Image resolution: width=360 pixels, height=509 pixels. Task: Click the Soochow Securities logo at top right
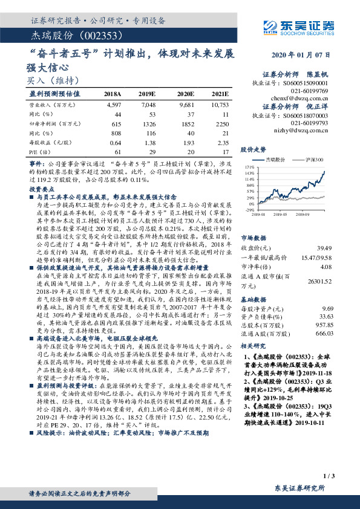tap(300, 26)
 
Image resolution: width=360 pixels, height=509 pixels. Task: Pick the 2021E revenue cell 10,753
tap(219, 105)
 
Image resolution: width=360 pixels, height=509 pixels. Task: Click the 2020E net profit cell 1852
tap(185, 123)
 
